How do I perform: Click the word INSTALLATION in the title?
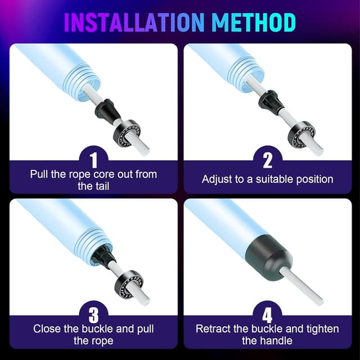[134, 22]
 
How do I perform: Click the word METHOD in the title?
[254, 22]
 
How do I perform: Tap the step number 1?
[94, 160]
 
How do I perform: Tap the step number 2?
[268, 160]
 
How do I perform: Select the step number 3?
[94, 315]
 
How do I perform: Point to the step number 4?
[268, 315]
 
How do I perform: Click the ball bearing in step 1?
[127, 133]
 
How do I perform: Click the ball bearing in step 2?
[301, 134]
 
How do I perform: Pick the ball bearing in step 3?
[129, 284]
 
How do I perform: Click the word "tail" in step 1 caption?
[101, 186]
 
